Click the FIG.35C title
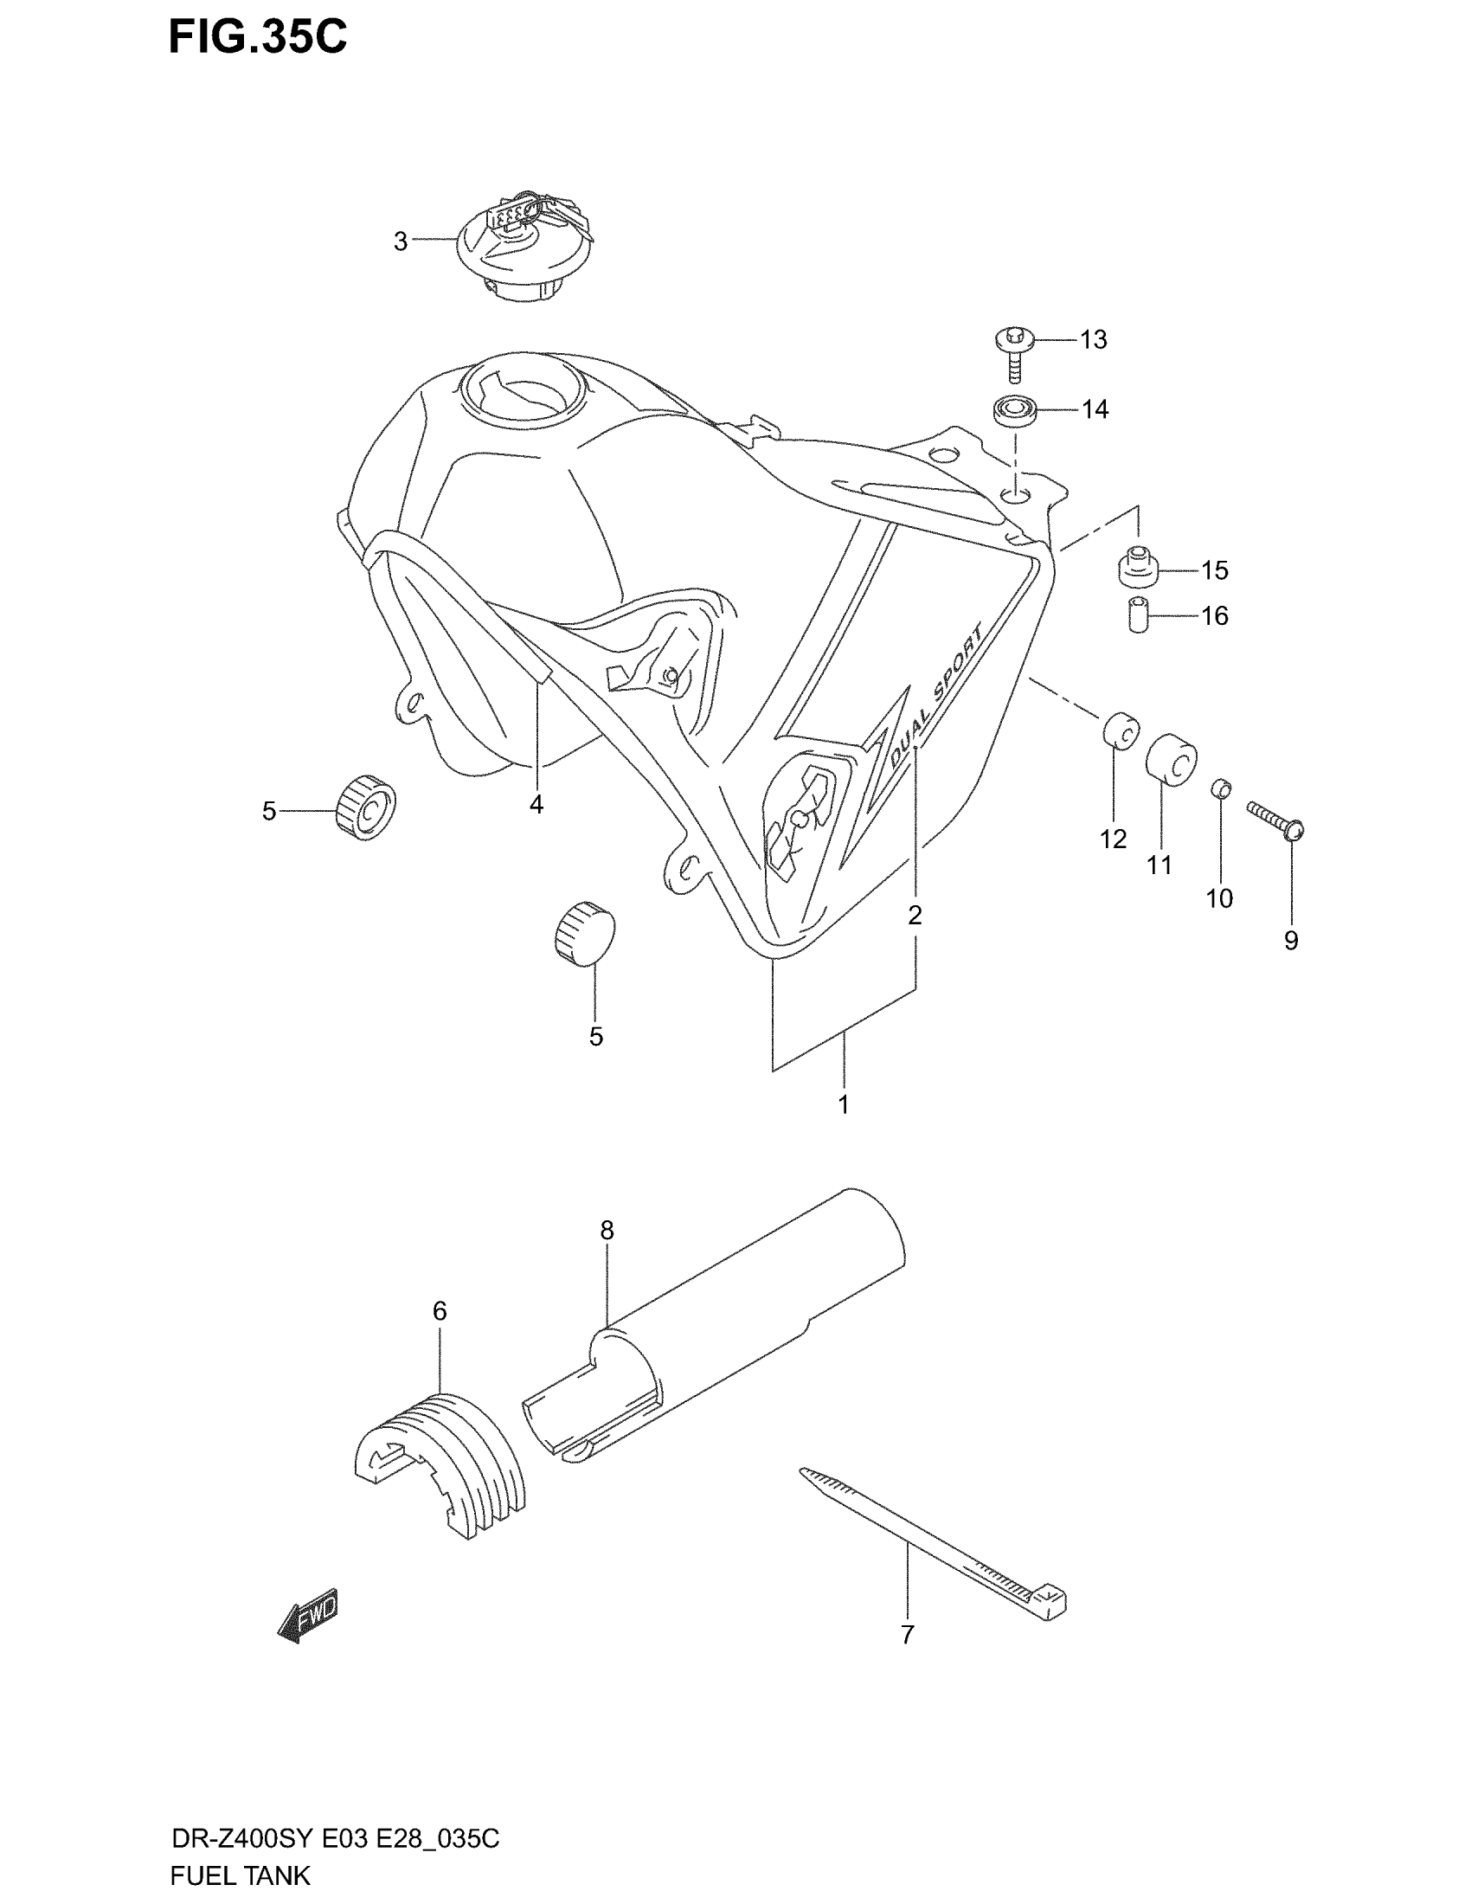(257, 37)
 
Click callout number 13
(1093, 339)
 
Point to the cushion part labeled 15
(1136, 568)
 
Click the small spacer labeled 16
(1136, 615)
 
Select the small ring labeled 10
(1221, 789)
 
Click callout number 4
(536, 805)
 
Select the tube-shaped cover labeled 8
(715, 1325)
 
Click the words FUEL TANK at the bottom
(240, 1875)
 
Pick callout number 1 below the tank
(843, 1104)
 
